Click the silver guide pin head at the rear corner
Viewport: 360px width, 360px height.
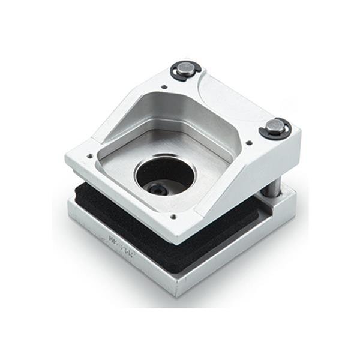185,68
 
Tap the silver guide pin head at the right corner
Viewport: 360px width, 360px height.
274,127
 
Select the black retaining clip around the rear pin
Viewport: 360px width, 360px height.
178,74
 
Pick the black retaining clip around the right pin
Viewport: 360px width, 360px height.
266,132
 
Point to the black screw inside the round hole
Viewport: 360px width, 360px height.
158,190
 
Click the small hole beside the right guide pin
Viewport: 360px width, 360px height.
249,143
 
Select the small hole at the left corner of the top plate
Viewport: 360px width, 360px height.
90,155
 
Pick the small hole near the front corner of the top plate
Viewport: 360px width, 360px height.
173,217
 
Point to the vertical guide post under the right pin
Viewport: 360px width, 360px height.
271,187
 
